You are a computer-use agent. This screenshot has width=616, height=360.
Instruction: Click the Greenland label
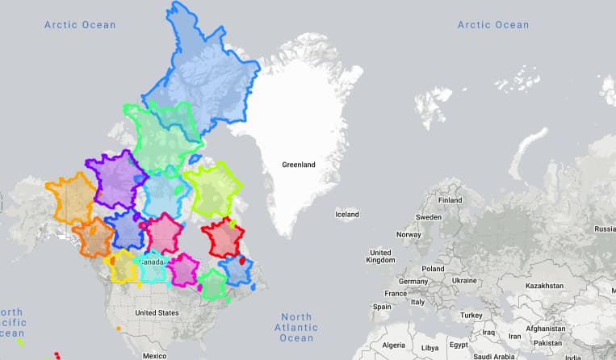coord(298,165)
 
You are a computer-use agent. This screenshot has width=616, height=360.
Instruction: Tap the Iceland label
coord(347,214)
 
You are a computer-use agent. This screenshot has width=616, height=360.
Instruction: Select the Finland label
coord(449,200)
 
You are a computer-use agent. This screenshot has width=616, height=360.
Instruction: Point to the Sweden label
coord(429,217)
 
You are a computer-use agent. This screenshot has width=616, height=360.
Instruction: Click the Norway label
coord(409,234)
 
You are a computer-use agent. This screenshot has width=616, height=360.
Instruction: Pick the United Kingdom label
coord(380,256)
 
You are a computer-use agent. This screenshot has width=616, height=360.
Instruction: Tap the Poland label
coord(432,268)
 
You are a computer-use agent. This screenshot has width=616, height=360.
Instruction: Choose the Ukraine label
coord(464,280)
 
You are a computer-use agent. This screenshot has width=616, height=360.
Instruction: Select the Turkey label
coord(470,315)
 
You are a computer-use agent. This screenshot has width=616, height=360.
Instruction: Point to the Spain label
coord(382,307)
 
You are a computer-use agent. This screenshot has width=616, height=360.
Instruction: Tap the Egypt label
coord(459,345)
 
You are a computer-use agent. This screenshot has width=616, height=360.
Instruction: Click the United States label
coord(157,312)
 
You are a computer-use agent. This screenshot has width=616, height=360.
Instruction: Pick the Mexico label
coord(153,355)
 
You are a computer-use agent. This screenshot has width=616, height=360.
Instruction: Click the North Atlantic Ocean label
coord(296,327)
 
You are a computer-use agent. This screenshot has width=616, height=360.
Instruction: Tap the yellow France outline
coord(123,266)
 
